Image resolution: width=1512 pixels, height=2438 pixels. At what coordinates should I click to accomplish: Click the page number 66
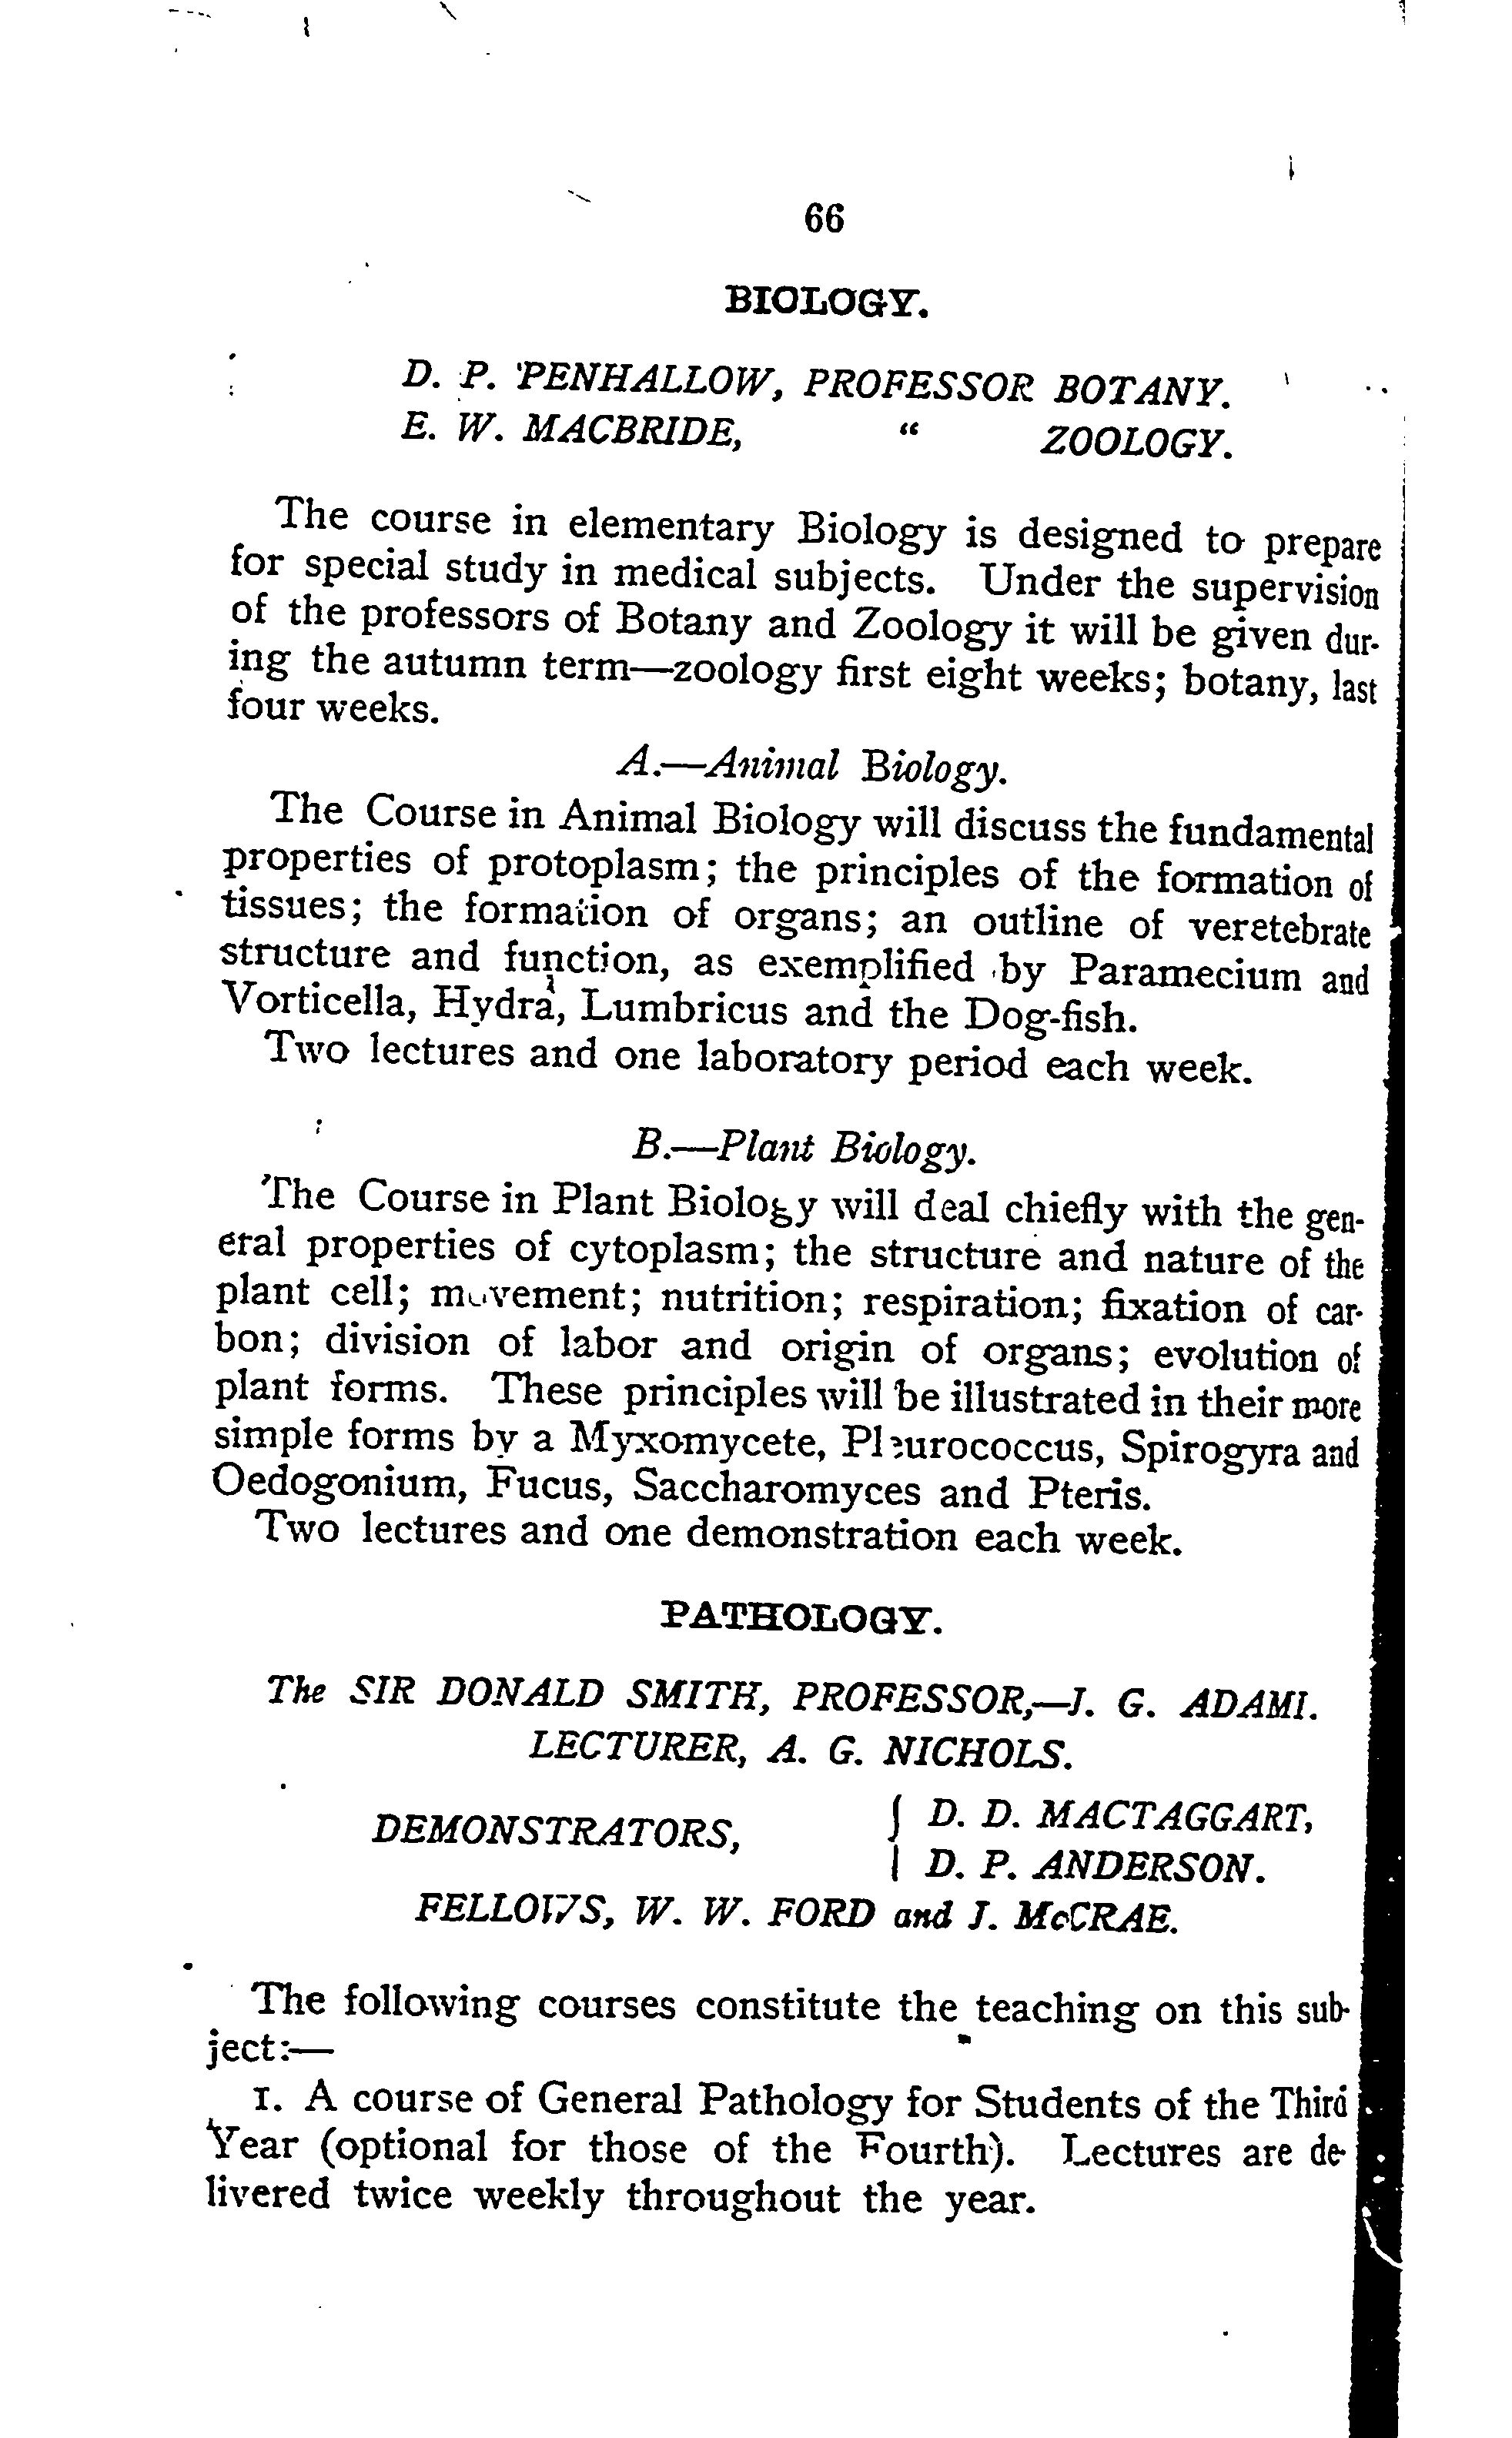(x=824, y=218)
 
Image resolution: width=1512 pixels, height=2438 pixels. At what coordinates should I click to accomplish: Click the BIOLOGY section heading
(x=827, y=301)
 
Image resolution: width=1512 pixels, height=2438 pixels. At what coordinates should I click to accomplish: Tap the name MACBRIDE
(x=632, y=430)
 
